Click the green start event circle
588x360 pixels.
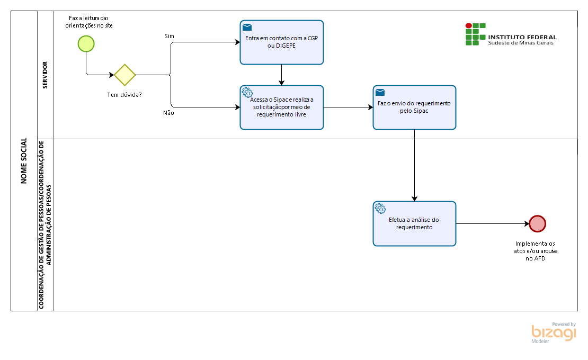click(86, 44)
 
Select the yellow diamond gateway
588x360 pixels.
click(124, 75)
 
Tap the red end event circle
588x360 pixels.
click(537, 223)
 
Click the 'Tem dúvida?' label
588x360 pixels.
click(124, 95)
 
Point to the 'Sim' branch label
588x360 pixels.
click(170, 36)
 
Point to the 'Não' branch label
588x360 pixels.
click(168, 113)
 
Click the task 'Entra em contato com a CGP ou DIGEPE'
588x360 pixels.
click(282, 42)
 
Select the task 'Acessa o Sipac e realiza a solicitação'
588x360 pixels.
click(282, 107)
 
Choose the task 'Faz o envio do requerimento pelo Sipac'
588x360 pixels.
click(414, 107)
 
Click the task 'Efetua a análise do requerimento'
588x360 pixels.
click(414, 223)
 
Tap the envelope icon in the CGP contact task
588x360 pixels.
click(247, 27)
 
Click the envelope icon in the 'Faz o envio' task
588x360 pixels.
click(380, 92)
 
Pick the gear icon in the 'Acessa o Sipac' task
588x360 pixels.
click(247, 93)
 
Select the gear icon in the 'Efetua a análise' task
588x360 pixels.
click(380, 209)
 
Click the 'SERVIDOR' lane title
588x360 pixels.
click(45, 75)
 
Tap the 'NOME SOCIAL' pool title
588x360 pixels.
click(24, 161)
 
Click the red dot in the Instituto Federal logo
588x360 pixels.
click(468, 25)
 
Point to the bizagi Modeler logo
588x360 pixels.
click(554, 332)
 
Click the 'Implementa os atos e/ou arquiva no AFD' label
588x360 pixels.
click(536, 251)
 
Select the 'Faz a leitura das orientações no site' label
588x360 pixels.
click(89, 22)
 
